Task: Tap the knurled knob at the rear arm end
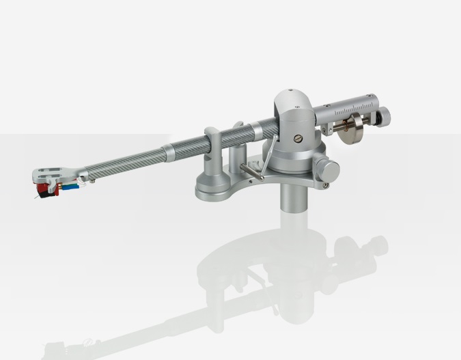pyautogui.click(x=385, y=113)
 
